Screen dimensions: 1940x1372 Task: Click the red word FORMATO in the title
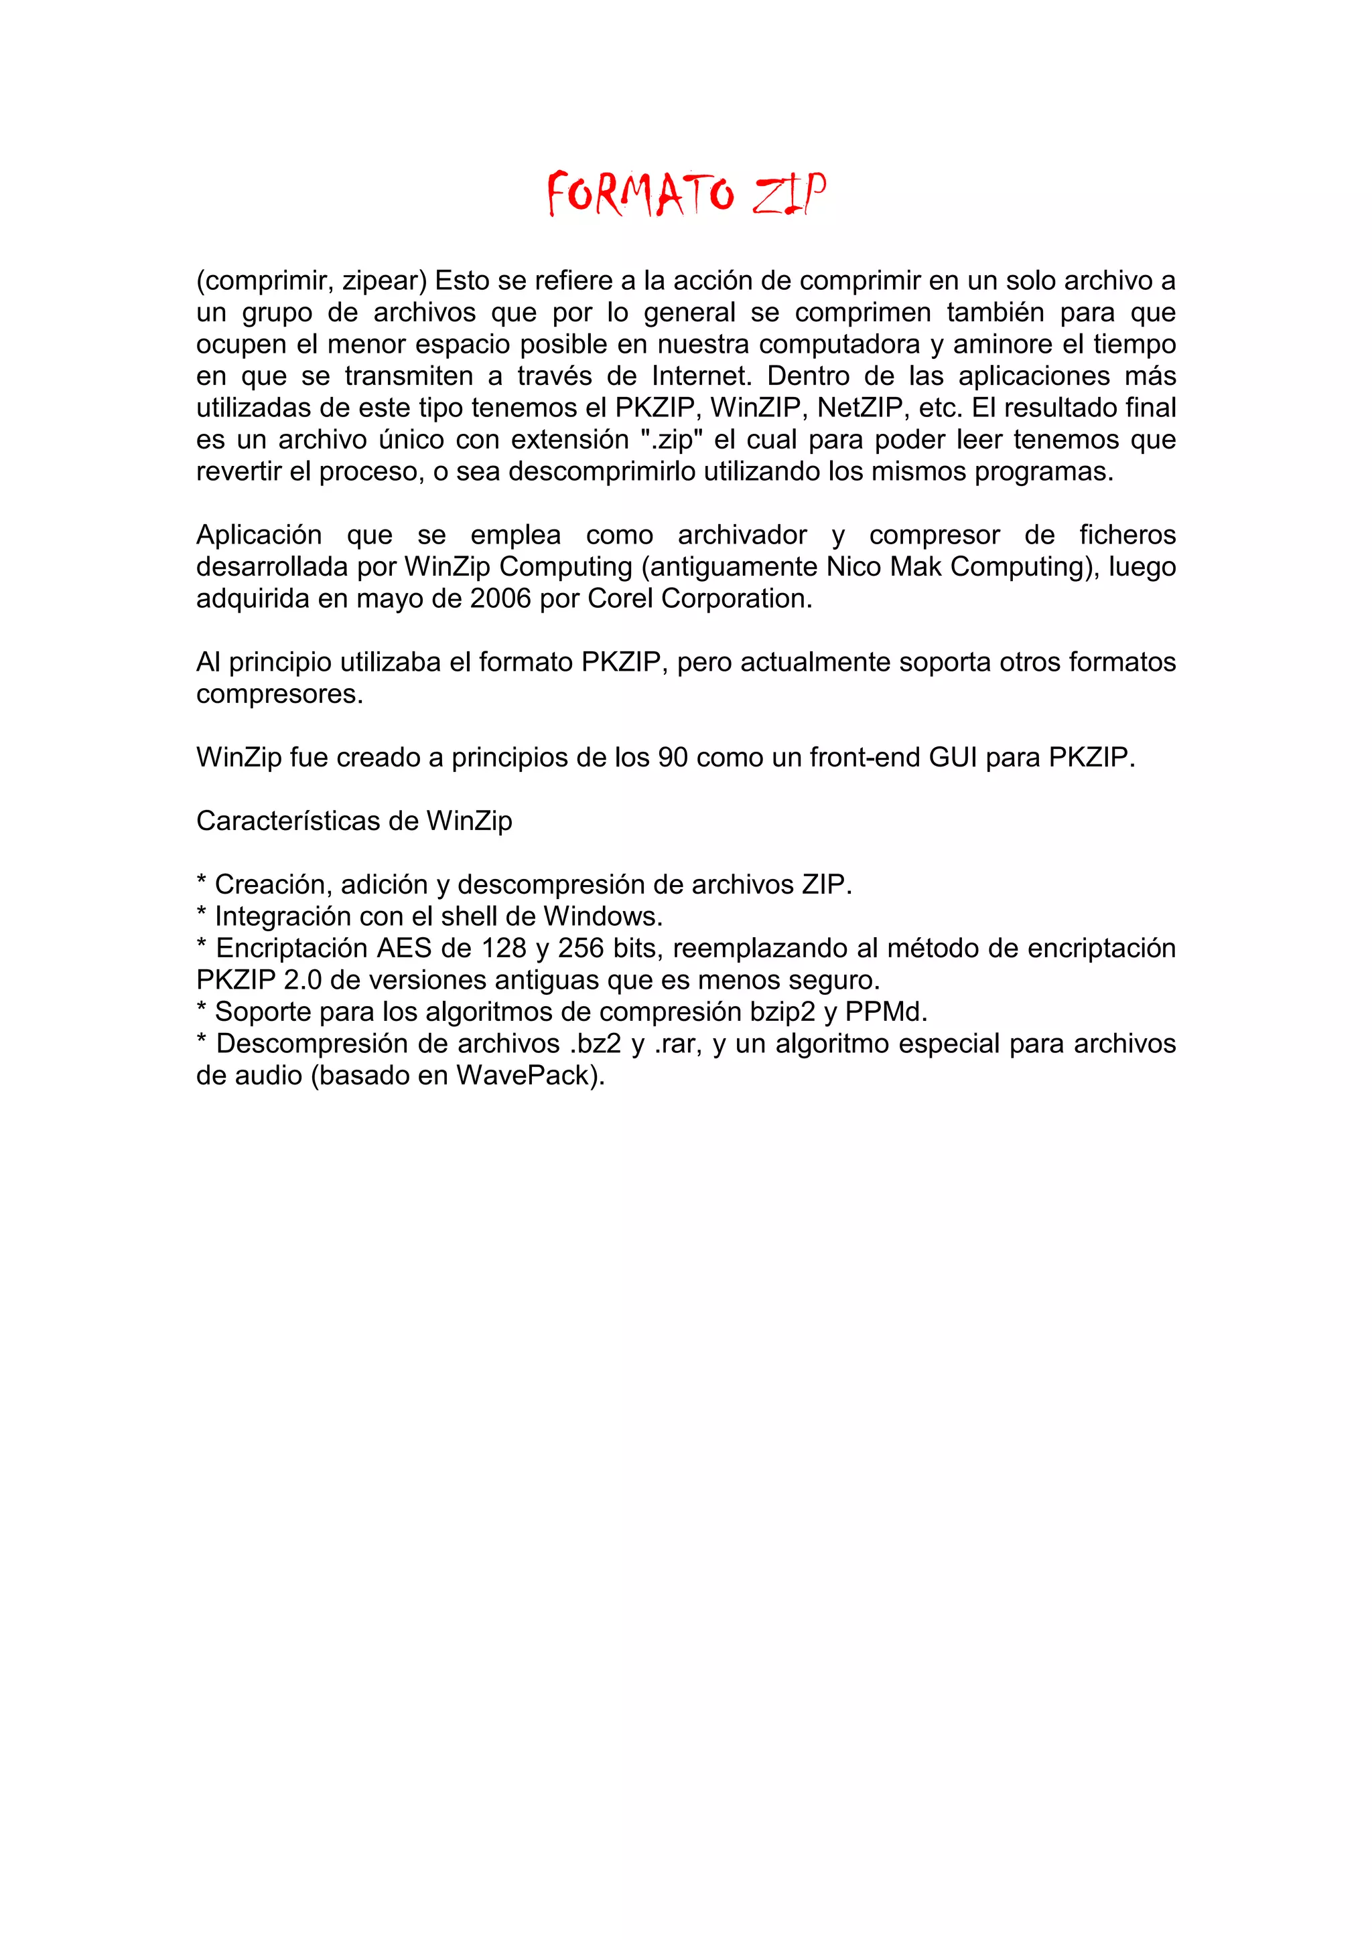[640, 193]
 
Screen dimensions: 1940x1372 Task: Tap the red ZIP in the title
[788, 193]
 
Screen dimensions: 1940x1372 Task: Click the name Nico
[853, 567]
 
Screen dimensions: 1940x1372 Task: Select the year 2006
[500, 598]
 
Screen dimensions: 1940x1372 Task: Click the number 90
[673, 757]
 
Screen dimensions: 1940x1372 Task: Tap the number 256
[581, 948]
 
